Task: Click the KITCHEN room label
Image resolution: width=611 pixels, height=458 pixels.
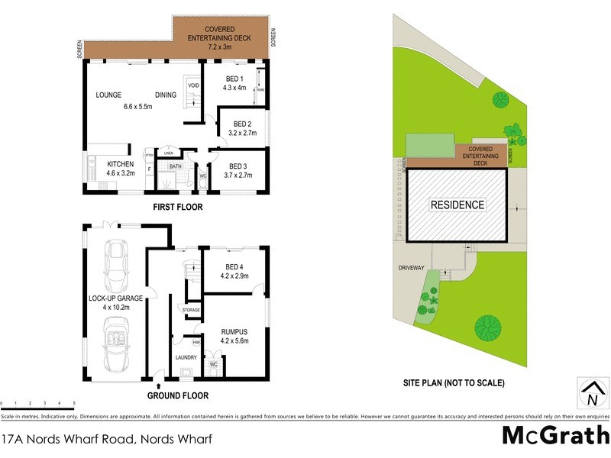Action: coord(121,164)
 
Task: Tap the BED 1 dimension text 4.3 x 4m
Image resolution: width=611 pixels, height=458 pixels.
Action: coord(241,89)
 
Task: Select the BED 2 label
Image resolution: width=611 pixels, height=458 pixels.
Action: coord(242,124)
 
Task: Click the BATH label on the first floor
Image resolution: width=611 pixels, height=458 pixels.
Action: coord(175,166)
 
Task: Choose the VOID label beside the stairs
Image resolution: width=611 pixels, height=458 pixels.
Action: coord(193,85)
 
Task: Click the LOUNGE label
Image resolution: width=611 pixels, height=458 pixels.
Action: coord(110,95)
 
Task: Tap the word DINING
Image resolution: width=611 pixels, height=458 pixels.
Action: coord(166,95)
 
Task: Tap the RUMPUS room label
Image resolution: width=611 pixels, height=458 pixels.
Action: coord(235,332)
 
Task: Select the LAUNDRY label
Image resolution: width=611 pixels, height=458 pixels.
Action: coord(186,356)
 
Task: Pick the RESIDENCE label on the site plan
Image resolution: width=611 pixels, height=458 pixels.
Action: coord(457,205)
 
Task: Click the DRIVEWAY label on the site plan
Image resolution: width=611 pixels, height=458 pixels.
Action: coord(411,268)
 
